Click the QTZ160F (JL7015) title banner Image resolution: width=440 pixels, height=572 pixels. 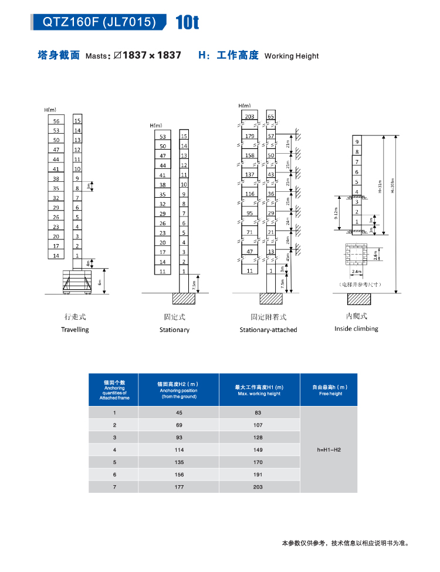tap(99, 22)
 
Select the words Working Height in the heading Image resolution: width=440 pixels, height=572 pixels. tap(292, 56)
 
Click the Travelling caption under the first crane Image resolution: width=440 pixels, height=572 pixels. tap(75, 330)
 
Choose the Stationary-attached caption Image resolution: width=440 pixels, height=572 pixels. tap(268, 330)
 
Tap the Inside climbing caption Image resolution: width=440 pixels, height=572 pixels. tap(356, 329)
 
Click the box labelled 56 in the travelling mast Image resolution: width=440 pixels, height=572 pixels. tap(56, 120)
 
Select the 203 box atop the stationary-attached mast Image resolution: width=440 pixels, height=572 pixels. tap(249, 117)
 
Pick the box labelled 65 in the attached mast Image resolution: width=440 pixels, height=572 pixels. tap(270, 117)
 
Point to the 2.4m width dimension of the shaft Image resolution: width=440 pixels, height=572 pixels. tap(357, 272)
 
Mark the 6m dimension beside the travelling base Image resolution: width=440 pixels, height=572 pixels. tap(100, 281)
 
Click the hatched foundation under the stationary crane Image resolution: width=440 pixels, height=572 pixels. tap(183, 298)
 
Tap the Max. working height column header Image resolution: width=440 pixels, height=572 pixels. tap(259, 390)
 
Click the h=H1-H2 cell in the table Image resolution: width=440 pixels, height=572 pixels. tap(329, 450)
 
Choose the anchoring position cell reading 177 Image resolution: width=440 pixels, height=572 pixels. tap(178, 487)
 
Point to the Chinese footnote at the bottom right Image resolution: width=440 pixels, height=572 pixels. tap(344, 543)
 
